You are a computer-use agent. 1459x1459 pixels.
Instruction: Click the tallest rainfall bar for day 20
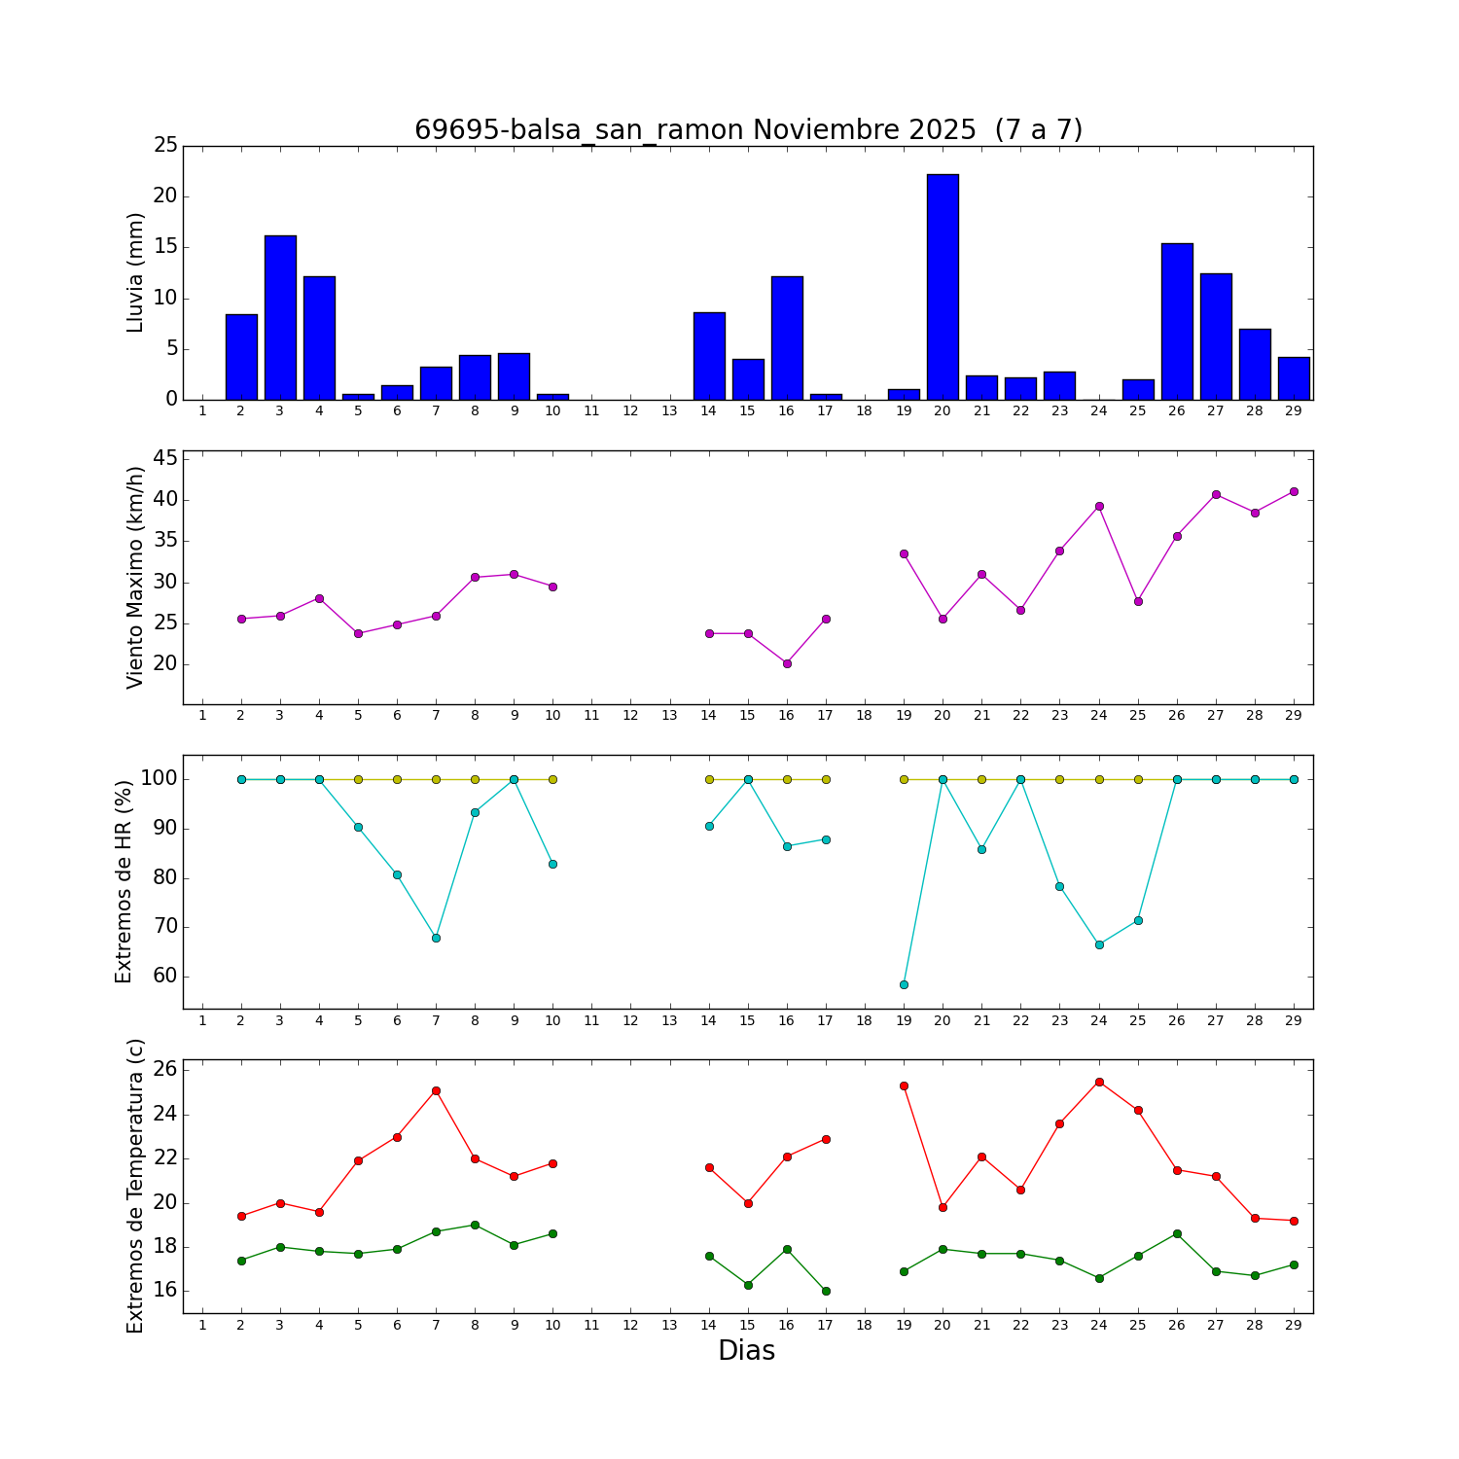coord(943,287)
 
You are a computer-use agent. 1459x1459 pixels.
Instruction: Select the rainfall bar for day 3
coord(280,318)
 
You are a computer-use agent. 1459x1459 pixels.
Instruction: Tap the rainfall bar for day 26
coord(1177,322)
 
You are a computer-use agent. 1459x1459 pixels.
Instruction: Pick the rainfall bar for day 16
coord(787,338)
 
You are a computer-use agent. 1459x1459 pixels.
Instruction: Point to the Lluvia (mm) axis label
coord(136,272)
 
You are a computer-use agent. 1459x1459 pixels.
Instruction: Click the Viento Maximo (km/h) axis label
coord(136,577)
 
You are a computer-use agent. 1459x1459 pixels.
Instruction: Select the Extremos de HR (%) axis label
coord(125,881)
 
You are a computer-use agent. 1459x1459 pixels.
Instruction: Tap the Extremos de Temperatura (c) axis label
coord(136,1186)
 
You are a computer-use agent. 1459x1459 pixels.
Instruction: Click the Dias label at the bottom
coord(746,1351)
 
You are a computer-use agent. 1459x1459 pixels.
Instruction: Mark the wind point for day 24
coord(1099,506)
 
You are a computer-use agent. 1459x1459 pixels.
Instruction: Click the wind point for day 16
coord(787,663)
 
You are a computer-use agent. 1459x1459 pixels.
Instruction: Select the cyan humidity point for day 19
coord(904,984)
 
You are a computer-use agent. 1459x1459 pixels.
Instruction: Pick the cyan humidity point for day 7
coord(436,938)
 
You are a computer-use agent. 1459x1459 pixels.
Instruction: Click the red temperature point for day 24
coord(1099,1082)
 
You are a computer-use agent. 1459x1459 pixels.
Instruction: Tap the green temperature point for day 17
coord(826,1291)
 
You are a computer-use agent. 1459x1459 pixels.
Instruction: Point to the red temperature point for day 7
coord(436,1090)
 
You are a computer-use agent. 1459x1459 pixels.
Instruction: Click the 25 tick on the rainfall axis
coord(165,146)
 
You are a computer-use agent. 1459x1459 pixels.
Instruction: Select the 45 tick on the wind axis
coord(165,458)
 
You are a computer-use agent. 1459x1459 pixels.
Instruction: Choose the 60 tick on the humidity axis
coord(163,976)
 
